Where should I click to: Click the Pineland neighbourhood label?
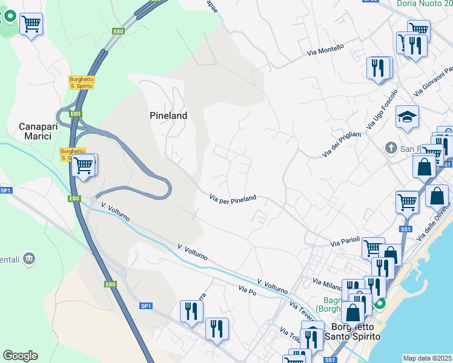pyautogui.click(x=168, y=115)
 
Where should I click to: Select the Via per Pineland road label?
pyautogui.click(x=233, y=198)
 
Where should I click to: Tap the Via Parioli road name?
pyautogui.click(x=345, y=242)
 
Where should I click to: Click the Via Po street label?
pyautogui.click(x=248, y=290)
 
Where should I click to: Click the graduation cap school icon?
pyautogui.click(x=407, y=117)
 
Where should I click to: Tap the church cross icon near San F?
pyautogui.click(x=391, y=148)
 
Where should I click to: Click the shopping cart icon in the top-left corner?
pyautogui.click(x=31, y=24)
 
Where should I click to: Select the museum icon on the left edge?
pyautogui.click(x=29, y=260)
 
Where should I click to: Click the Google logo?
pyautogui.click(x=20, y=356)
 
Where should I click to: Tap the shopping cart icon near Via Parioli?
pyautogui.click(x=373, y=247)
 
